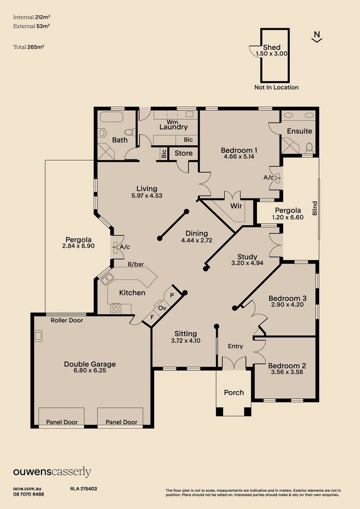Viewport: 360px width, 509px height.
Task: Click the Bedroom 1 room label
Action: (x=238, y=150)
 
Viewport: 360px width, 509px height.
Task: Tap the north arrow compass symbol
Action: (x=317, y=37)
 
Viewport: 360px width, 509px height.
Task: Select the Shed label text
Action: (x=271, y=47)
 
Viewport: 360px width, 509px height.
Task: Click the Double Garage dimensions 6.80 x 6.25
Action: (x=90, y=371)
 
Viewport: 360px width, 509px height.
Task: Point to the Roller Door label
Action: (x=66, y=320)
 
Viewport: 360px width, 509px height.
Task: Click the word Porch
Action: (x=234, y=392)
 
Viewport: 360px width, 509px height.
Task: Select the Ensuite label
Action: (x=300, y=131)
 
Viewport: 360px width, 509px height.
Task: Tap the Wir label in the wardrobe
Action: (x=236, y=206)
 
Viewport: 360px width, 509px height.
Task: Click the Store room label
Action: (x=183, y=153)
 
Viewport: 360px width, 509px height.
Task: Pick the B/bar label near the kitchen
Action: (x=136, y=264)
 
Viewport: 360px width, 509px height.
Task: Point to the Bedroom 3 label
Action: (x=287, y=298)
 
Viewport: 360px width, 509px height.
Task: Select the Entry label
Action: (x=235, y=346)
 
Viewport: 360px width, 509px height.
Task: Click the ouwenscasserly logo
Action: (x=52, y=472)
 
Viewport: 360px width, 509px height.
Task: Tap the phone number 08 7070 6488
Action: (x=29, y=494)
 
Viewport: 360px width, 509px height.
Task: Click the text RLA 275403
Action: (x=83, y=489)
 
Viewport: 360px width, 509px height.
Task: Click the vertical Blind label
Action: (x=315, y=208)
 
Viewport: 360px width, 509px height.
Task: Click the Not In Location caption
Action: (x=276, y=87)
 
